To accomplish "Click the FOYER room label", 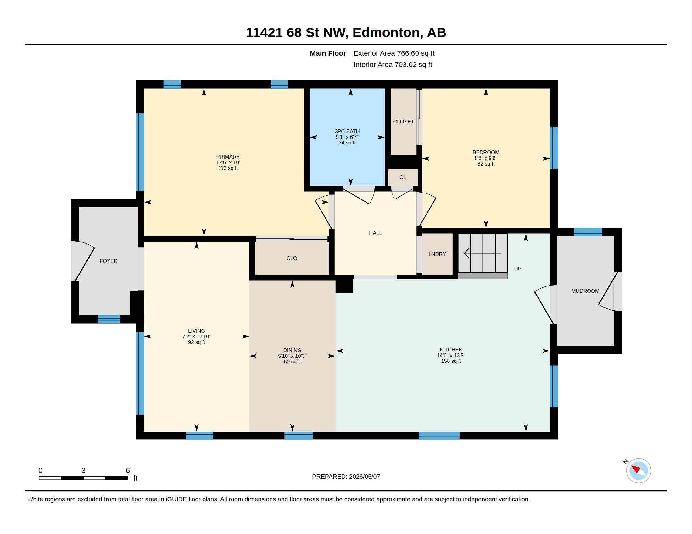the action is click(109, 261).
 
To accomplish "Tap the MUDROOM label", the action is click(585, 291).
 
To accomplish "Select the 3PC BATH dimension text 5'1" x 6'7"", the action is click(347, 137).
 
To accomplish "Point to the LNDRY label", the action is click(437, 254).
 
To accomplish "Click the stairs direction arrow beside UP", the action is click(483, 253).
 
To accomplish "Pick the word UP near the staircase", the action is click(517, 269).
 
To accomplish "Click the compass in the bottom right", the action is click(638, 471).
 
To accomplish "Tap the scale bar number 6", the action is click(128, 471).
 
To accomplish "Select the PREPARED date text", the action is click(346, 477).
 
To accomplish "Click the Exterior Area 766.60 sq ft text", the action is click(394, 53).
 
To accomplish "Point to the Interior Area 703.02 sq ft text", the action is click(393, 64).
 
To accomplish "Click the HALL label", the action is click(375, 233).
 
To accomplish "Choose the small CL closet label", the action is click(402, 177).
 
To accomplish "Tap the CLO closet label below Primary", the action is click(292, 258).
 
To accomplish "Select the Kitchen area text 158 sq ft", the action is click(451, 361).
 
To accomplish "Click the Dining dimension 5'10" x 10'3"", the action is click(292, 356).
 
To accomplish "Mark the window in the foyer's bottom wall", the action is click(109, 319).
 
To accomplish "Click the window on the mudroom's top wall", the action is click(588, 232).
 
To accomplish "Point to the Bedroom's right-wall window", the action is click(554, 148).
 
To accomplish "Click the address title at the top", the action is click(346, 33).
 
